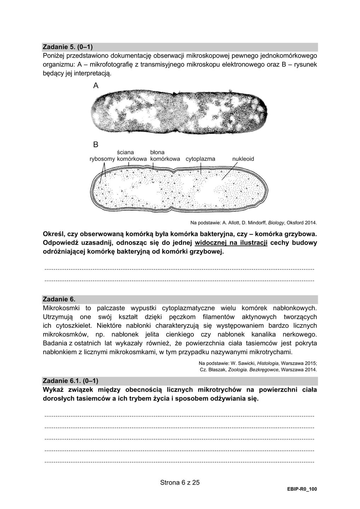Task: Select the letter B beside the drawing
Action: tap(96, 144)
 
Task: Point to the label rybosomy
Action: tap(102, 159)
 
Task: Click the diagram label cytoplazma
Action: tap(200, 159)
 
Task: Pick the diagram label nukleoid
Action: tap(243, 159)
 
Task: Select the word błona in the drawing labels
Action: tap(157, 152)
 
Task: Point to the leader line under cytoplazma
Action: tap(201, 169)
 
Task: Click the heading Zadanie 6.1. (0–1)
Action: tap(70, 381)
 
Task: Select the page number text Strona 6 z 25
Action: tap(180, 482)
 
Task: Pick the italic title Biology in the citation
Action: tap(276, 223)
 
